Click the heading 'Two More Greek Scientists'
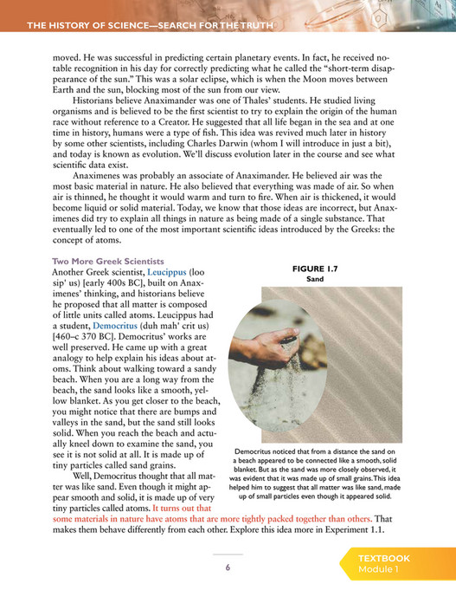(x=108, y=262)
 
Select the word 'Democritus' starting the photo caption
(x=259, y=451)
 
